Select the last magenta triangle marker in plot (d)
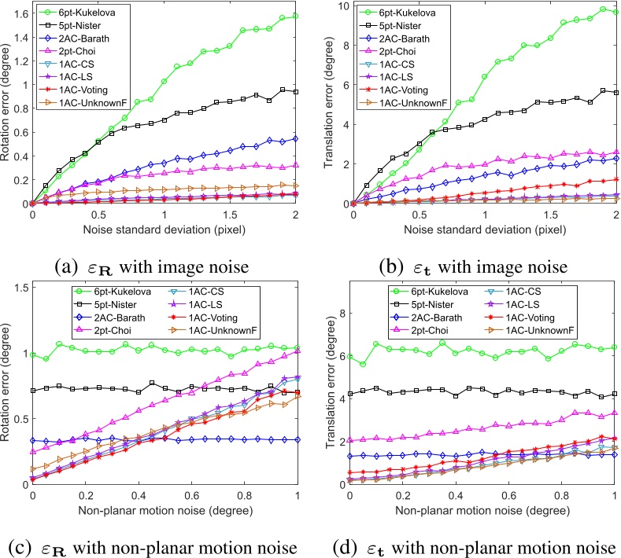coord(615,412)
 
